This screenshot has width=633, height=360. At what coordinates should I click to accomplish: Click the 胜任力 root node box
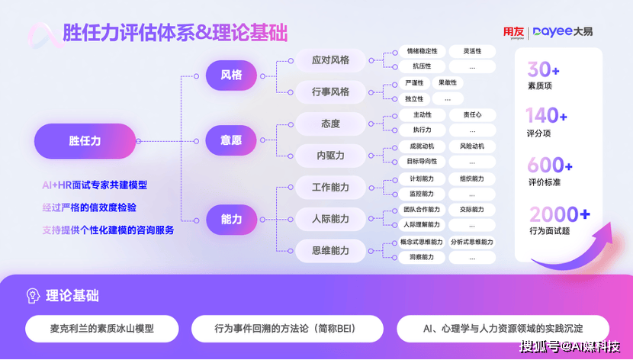(x=85, y=141)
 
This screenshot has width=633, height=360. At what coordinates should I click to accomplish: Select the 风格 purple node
(x=231, y=75)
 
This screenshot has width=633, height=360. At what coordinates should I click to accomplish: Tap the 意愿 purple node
(x=231, y=140)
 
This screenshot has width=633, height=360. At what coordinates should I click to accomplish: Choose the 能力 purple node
(x=231, y=219)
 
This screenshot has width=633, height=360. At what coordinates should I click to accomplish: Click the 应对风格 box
(x=330, y=59)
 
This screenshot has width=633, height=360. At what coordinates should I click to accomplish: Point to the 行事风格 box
(x=330, y=92)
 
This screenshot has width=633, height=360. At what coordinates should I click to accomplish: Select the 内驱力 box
(x=330, y=156)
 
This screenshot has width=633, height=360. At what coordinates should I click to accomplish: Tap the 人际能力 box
(x=330, y=219)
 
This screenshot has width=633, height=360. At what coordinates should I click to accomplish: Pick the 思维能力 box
(x=330, y=250)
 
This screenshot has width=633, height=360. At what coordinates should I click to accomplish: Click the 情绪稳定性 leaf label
(x=422, y=51)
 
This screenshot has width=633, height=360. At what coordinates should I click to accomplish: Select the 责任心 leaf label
(x=472, y=115)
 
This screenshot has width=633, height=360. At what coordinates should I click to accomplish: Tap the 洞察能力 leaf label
(x=422, y=258)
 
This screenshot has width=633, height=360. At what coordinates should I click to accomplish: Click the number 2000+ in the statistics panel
(x=560, y=214)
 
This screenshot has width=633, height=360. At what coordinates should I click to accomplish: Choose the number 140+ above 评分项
(x=547, y=117)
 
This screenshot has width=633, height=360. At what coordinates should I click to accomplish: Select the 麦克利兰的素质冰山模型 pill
(x=101, y=328)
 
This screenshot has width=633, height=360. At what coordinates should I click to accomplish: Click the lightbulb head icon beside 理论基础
(x=33, y=296)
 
